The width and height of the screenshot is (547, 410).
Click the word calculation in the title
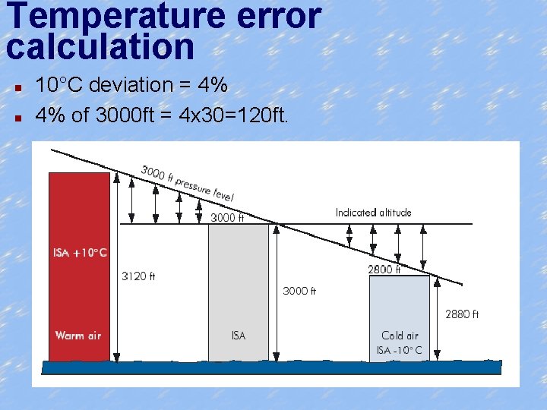[101, 47]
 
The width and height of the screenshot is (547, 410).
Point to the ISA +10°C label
[80, 252]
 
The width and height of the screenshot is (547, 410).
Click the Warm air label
[78, 335]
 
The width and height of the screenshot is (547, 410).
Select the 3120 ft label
[138, 276]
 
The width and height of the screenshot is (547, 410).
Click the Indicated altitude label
[373, 213]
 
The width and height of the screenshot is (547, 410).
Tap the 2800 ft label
[384, 269]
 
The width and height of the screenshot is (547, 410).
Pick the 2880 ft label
[461, 314]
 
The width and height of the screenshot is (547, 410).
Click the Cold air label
[400, 335]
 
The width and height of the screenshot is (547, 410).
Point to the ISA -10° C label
[400, 350]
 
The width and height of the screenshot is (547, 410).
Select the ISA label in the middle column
[239, 335]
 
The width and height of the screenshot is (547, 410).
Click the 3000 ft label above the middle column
[226, 218]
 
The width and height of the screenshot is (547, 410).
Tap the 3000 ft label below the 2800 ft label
[299, 291]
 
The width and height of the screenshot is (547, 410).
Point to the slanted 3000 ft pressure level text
[187, 183]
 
